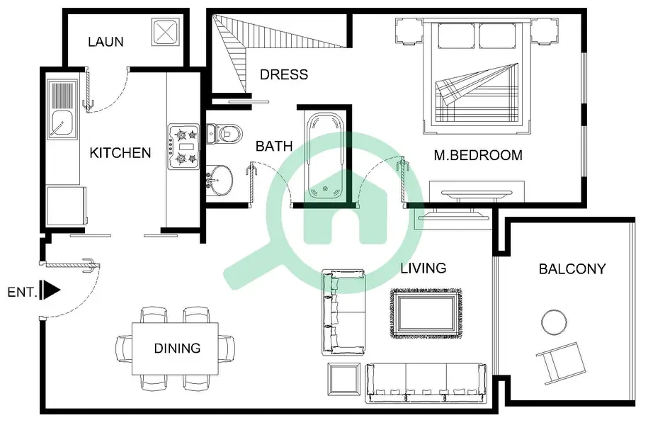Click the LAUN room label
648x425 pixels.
point(106,42)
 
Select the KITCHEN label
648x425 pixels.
point(120,153)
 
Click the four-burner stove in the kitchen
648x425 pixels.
point(183,147)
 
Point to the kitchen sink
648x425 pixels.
point(62,110)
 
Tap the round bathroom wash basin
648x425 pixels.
point(220,180)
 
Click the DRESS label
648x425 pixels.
point(284,74)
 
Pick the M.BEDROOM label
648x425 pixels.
point(478,155)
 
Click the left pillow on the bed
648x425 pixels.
point(456,35)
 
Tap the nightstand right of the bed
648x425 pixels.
point(545,30)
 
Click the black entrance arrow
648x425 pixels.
point(51,290)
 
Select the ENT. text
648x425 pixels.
point(23,293)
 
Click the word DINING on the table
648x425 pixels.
point(177,348)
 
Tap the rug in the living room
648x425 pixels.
point(426,313)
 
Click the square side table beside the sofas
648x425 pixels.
point(344,380)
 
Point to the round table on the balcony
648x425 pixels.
point(554,322)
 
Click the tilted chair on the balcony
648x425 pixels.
point(561,362)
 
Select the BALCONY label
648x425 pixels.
point(572,269)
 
